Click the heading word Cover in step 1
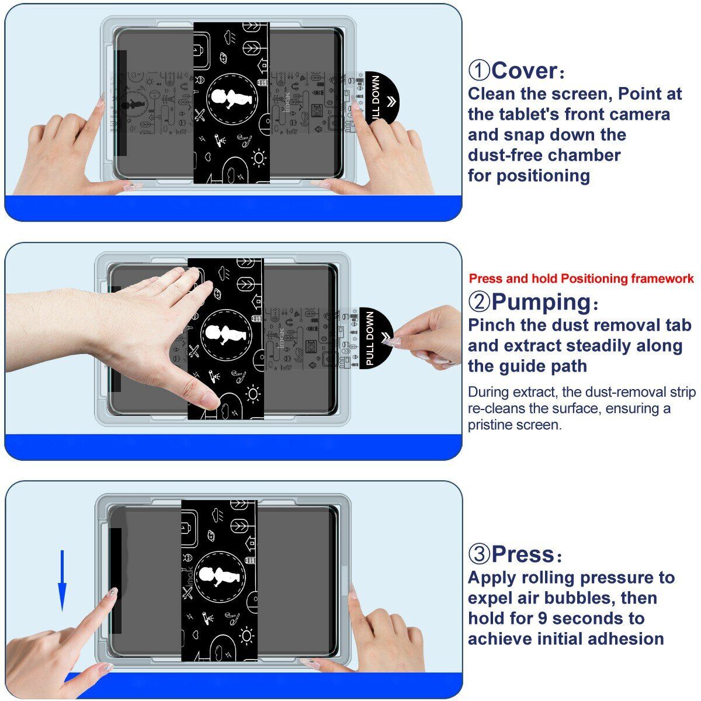pyautogui.click(x=524, y=71)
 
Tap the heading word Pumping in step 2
pyautogui.click(x=541, y=302)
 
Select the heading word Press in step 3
pyautogui.click(x=522, y=554)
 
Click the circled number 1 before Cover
pyautogui.click(x=479, y=71)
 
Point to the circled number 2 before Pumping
pyautogui.click(x=479, y=303)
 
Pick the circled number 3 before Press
pyautogui.click(x=479, y=554)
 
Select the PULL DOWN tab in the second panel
pyautogui.click(x=374, y=339)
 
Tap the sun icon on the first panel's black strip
pyautogui.click(x=258, y=158)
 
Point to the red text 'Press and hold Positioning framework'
pyautogui.click(x=581, y=279)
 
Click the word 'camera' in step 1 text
pyautogui.click(x=639, y=114)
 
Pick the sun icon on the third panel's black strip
pyautogui.click(x=247, y=636)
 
